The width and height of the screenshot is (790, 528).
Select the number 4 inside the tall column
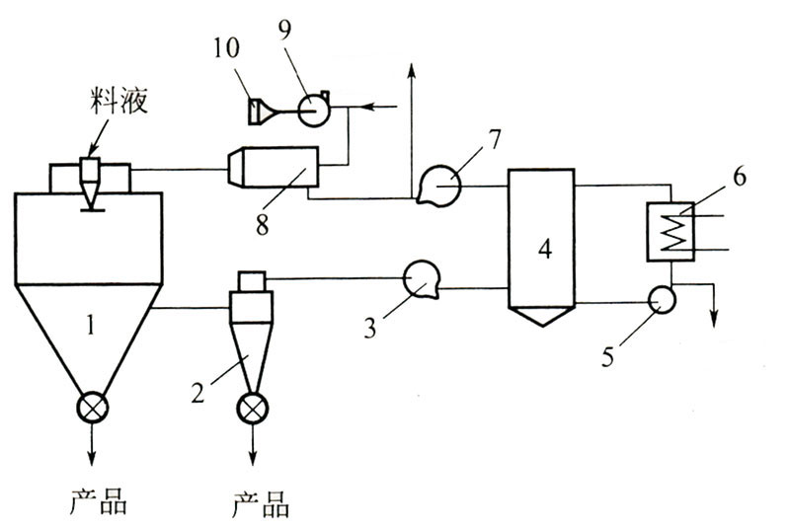point(542,248)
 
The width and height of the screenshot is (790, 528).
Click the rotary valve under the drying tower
point(95,406)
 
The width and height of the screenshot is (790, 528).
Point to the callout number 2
point(201,394)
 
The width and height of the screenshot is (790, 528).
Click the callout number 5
point(609,352)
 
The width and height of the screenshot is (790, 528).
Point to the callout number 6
point(739,180)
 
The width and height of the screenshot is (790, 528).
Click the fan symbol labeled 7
point(438,185)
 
